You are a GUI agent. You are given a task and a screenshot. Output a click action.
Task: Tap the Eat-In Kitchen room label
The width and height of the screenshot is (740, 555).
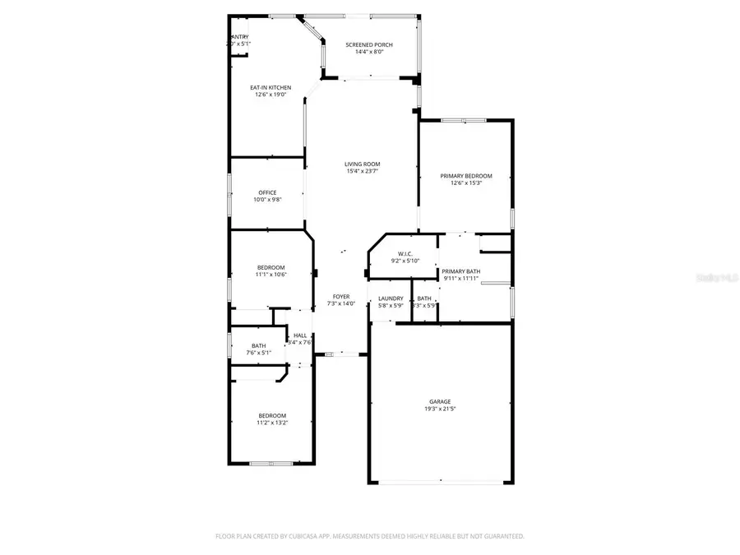point(271,87)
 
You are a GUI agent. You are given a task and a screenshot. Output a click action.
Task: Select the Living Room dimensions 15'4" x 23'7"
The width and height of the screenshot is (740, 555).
point(362,171)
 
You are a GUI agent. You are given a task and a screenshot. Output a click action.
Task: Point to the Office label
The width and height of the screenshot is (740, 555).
point(267,192)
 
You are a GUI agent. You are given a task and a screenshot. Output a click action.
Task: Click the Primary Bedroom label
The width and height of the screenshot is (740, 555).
point(465,176)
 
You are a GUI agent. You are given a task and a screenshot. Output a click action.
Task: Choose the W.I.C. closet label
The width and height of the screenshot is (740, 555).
point(405,254)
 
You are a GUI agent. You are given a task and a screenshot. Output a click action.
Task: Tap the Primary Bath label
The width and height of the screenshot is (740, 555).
point(460,271)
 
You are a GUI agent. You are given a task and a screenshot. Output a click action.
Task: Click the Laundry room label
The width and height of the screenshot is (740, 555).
point(391,298)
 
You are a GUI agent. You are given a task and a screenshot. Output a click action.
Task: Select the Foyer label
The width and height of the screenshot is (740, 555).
point(341,296)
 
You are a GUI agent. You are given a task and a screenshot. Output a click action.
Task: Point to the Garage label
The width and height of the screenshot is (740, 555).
point(439,401)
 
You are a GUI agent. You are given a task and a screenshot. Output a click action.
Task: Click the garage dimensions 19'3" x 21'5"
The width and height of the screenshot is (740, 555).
point(439,409)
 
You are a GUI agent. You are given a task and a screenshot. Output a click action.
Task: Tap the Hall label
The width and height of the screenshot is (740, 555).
point(300,335)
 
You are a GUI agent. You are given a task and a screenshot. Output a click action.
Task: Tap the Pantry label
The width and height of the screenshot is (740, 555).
point(239,37)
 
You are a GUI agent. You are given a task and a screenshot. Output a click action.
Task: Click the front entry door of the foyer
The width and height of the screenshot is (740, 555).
point(340,354)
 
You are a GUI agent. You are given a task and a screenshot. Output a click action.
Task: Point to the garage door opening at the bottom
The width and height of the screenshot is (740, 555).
point(441,482)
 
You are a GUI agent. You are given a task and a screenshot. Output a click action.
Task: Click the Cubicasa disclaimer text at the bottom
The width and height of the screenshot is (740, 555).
point(369,536)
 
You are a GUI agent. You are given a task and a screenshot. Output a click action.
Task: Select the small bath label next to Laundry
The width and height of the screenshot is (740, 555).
point(424,298)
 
